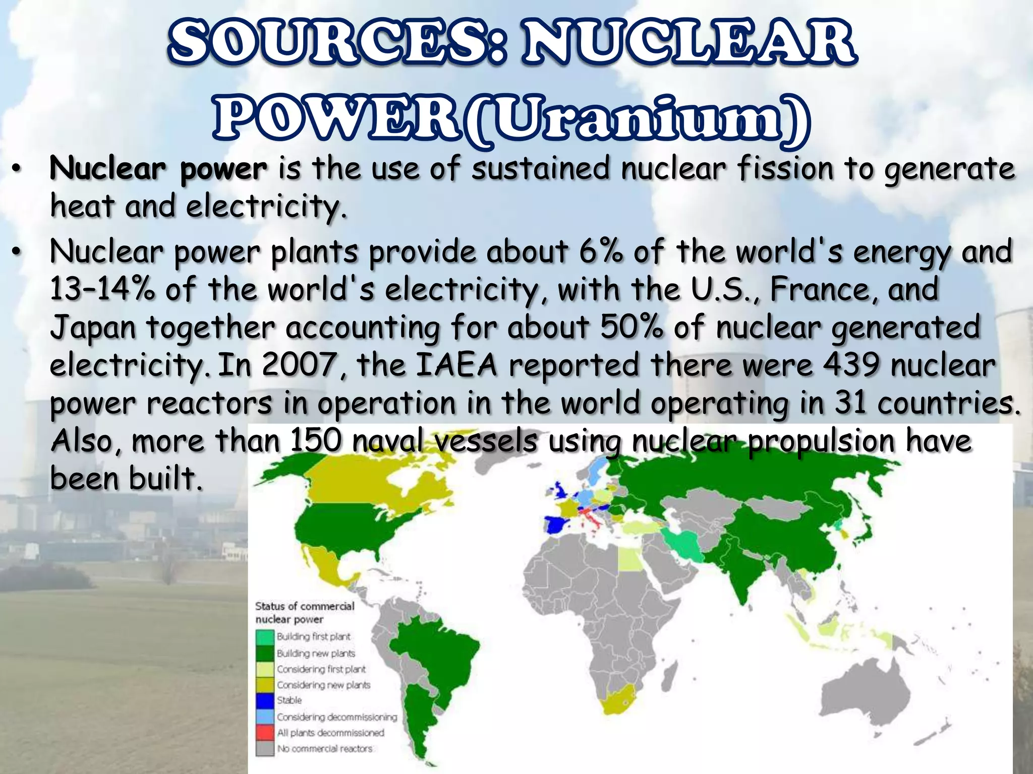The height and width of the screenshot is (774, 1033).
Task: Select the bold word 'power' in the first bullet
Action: pyautogui.click(x=223, y=169)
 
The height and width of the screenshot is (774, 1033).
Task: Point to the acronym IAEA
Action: pyautogui.click(x=457, y=365)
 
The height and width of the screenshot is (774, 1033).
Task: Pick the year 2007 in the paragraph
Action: pyautogui.click(x=301, y=365)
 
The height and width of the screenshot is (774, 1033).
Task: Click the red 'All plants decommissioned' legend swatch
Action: pyautogui.click(x=265, y=732)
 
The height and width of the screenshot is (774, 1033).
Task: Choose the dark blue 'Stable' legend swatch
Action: pyautogui.click(x=265, y=700)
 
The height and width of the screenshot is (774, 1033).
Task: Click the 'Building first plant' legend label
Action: pyautogui.click(x=313, y=637)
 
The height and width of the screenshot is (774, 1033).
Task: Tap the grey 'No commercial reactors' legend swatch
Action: pyautogui.click(x=265, y=748)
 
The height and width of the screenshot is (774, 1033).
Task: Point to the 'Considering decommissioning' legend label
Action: pyautogui.click(x=337, y=717)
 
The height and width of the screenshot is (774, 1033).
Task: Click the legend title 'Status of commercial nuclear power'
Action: pyautogui.click(x=304, y=612)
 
